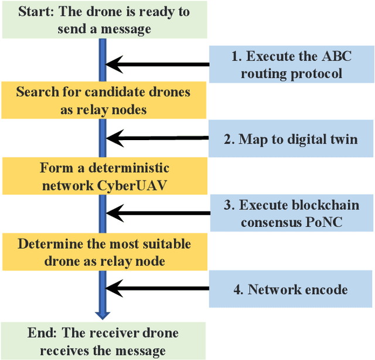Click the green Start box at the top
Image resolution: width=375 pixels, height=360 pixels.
point(103,20)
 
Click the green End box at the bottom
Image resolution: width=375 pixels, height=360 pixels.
point(103,342)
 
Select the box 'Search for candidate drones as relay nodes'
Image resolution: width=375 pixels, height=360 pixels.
point(103,101)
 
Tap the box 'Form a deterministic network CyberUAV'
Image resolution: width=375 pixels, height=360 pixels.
point(103,177)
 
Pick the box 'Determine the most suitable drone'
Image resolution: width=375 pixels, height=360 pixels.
point(103,252)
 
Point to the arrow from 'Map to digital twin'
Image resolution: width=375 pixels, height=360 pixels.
point(158,138)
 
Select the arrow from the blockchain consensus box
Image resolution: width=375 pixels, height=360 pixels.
point(158,213)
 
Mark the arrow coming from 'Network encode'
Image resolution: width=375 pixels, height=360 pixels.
point(158,288)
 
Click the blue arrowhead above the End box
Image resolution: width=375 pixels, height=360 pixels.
point(103,312)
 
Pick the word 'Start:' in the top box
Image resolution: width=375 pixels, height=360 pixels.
point(36,12)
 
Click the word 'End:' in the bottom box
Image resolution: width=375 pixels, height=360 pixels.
point(41,334)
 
